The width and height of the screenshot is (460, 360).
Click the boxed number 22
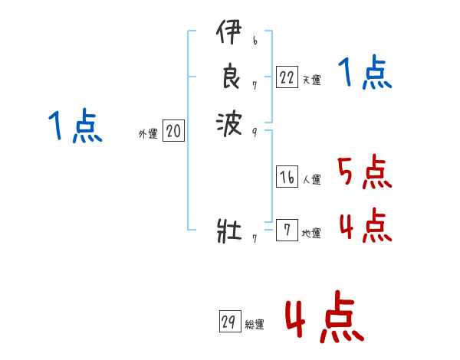(x=287, y=77)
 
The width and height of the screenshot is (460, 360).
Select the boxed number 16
(x=287, y=178)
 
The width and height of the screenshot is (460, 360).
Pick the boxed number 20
(x=173, y=132)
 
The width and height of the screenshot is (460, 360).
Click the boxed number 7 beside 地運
(x=287, y=231)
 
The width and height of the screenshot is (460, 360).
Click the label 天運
(x=311, y=80)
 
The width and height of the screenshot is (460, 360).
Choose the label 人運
(x=311, y=180)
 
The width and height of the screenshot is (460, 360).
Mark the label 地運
(x=311, y=233)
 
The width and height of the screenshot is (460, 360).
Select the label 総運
(x=255, y=324)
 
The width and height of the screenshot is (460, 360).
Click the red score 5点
(x=365, y=172)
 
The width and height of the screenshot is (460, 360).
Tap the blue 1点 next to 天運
(x=365, y=74)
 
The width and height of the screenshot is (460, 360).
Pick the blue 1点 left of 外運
(x=74, y=126)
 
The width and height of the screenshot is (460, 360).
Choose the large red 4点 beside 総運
(x=324, y=319)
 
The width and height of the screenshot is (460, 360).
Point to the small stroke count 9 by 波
(x=254, y=131)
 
